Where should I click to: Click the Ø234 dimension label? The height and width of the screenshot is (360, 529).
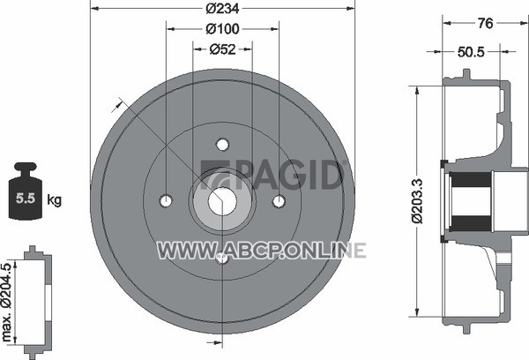[x=223, y=9]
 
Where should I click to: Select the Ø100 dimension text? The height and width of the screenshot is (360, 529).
[x=223, y=29]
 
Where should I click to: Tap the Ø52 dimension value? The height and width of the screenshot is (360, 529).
[x=223, y=49]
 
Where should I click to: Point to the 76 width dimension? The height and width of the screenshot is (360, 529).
[x=486, y=23]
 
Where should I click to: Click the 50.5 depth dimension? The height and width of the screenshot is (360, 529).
[x=471, y=52]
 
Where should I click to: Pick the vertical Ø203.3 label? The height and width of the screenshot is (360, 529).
[x=417, y=201]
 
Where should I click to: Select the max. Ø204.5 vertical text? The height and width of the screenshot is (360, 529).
[x=7, y=303]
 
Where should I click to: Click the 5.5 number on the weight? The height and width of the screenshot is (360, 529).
[x=26, y=199]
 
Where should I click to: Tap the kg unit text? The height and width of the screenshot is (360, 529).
[x=54, y=200]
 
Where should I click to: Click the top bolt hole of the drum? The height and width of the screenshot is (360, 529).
[x=222, y=145]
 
